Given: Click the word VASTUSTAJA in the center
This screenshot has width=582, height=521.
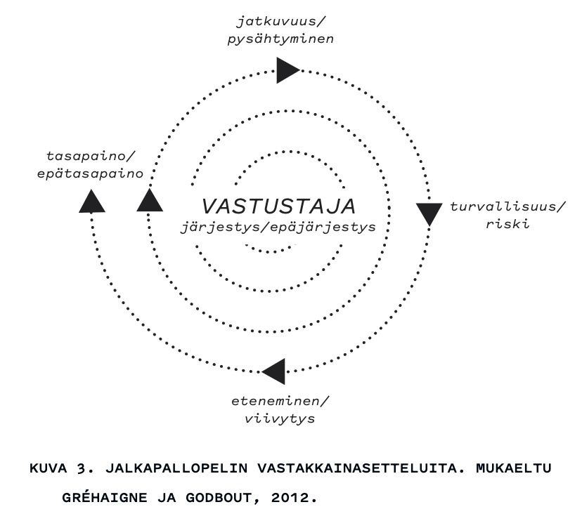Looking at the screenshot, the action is [279, 206].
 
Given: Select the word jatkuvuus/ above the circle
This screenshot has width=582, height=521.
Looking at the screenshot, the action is [280, 22].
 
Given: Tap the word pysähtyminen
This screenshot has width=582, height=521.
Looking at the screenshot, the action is [280, 39].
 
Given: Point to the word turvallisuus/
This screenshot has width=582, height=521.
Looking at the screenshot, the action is [508, 206].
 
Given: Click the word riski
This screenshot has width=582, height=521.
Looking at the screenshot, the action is [507, 223].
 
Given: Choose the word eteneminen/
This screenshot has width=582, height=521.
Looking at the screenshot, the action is [280, 401].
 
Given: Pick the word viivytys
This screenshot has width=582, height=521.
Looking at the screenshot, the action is [280, 418].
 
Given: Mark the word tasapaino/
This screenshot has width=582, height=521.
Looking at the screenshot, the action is [90, 157].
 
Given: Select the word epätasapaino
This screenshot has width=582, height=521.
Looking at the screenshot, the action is [90, 173].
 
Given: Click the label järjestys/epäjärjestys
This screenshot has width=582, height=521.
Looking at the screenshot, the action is [278, 227].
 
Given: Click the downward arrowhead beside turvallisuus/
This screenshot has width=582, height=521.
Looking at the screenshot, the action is [429, 214].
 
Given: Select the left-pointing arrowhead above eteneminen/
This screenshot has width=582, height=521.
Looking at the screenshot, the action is [273, 371].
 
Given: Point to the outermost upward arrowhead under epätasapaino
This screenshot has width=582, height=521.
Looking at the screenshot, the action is [92, 201].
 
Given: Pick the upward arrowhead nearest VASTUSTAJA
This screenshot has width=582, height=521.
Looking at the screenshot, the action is [150, 200].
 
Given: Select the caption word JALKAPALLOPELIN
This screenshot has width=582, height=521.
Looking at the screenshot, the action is [176, 468].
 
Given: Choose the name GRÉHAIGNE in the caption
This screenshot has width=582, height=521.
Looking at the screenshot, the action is [104, 497].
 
